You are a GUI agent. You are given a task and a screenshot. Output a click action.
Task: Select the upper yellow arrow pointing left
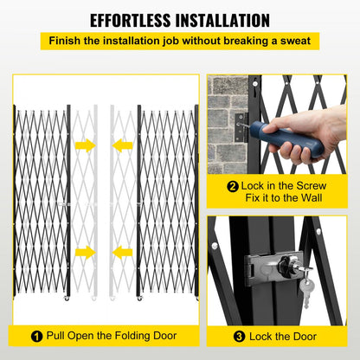tap(124, 145)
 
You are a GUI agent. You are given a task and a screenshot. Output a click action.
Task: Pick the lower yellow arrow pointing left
tap(124, 252)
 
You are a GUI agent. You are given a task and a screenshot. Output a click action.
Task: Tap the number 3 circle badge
tap(236, 334)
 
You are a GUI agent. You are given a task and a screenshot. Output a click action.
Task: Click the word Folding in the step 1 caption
tap(138, 334)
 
